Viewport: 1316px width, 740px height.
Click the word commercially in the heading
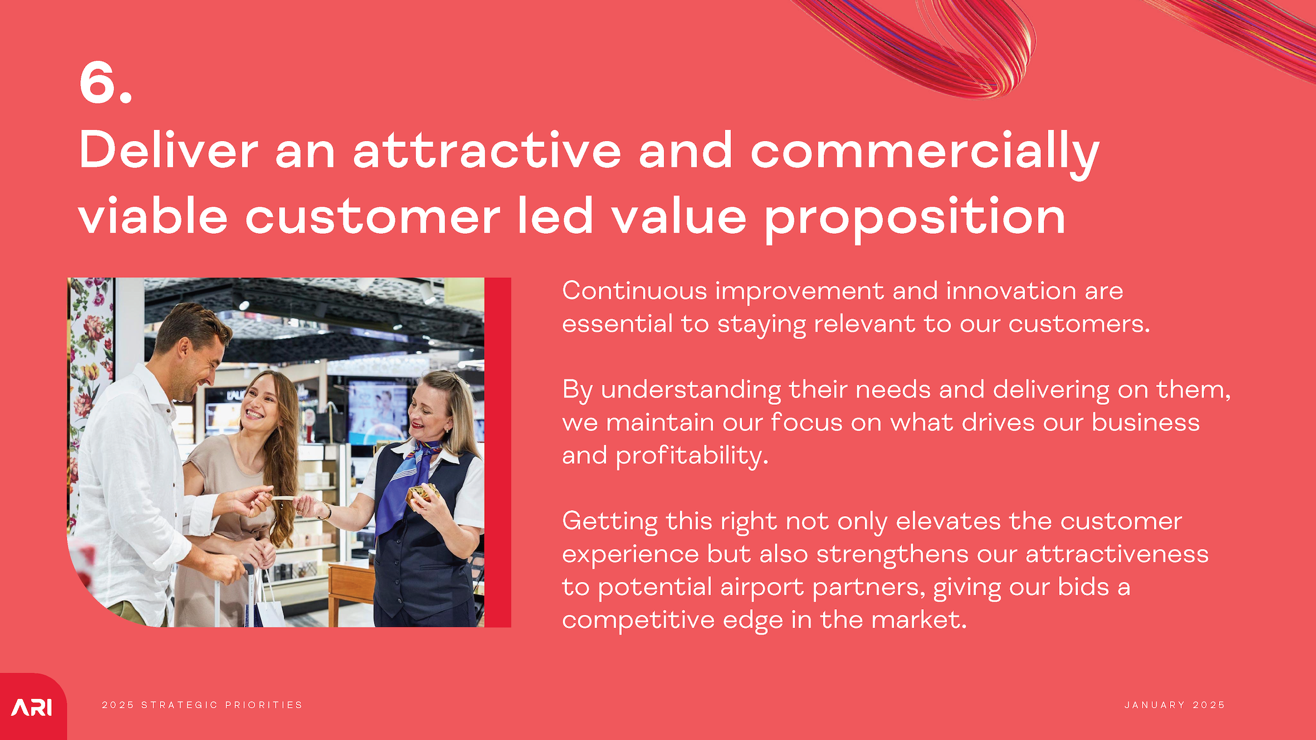(x=925, y=151)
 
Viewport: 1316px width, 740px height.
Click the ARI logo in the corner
(x=32, y=707)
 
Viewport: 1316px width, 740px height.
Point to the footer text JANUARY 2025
(x=1175, y=705)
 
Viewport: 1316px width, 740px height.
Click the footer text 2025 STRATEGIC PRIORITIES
(x=202, y=705)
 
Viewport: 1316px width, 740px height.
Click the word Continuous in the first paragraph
(x=635, y=291)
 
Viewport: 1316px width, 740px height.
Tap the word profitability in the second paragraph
(x=692, y=456)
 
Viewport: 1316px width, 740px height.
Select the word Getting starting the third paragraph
(x=610, y=522)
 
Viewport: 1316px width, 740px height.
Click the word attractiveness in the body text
(x=1117, y=555)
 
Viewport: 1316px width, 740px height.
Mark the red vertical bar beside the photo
(x=498, y=452)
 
